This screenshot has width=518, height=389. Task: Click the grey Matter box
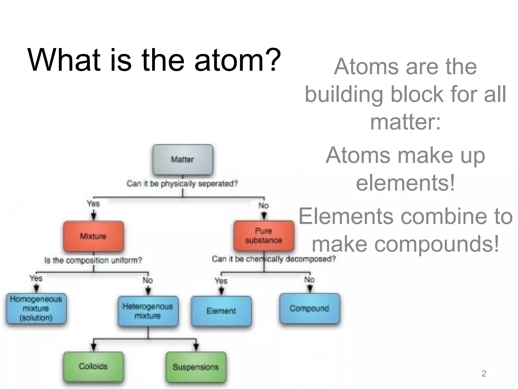point(183,160)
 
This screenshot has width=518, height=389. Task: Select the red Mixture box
point(93,236)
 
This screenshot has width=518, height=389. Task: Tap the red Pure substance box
point(264,236)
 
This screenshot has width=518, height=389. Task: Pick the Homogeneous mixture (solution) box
point(36,308)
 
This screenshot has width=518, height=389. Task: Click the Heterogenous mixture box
point(148,311)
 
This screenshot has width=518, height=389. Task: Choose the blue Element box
point(221,311)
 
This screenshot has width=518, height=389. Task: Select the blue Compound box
point(310,308)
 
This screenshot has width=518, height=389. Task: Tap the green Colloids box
point(93,366)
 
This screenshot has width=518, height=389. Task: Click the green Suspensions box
point(196,367)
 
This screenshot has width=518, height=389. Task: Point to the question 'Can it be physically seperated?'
point(182,183)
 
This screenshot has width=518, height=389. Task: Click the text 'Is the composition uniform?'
point(93,260)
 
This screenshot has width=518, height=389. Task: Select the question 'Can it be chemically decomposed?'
point(274,259)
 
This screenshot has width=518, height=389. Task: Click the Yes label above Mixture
point(93,204)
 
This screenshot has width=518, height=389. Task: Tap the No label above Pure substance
point(264,205)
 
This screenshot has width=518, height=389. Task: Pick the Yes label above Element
point(221,281)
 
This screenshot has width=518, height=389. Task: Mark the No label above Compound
point(309,280)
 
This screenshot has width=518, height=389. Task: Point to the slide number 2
point(484,374)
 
